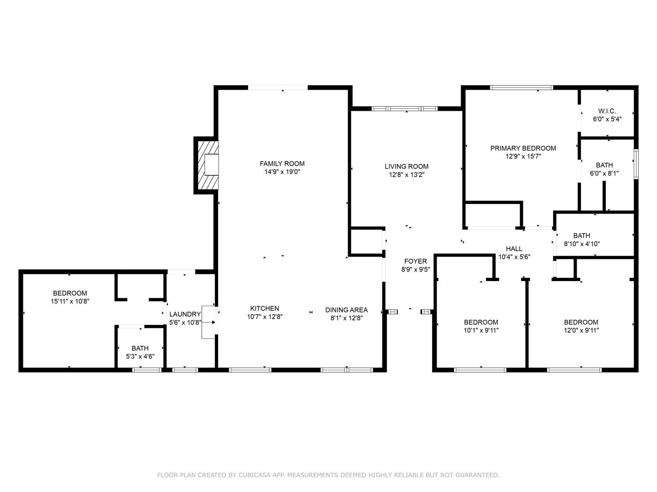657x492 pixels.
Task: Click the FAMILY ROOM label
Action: (x=282, y=164)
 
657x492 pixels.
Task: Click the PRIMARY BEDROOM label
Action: (x=523, y=148)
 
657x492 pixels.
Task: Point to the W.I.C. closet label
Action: (x=607, y=111)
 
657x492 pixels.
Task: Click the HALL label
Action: (x=514, y=249)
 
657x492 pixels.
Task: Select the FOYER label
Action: (x=415, y=261)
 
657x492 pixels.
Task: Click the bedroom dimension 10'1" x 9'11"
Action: (x=481, y=330)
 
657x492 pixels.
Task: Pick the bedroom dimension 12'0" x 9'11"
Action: (x=581, y=330)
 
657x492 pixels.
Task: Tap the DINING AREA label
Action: (x=346, y=310)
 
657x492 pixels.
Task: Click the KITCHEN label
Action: (x=264, y=308)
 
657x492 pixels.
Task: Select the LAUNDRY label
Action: (x=185, y=314)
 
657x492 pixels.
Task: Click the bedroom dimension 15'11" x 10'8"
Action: (x=70, y=301)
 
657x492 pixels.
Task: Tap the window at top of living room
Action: (x=404, y=108)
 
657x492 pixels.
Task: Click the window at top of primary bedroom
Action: (x=521, y=87)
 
